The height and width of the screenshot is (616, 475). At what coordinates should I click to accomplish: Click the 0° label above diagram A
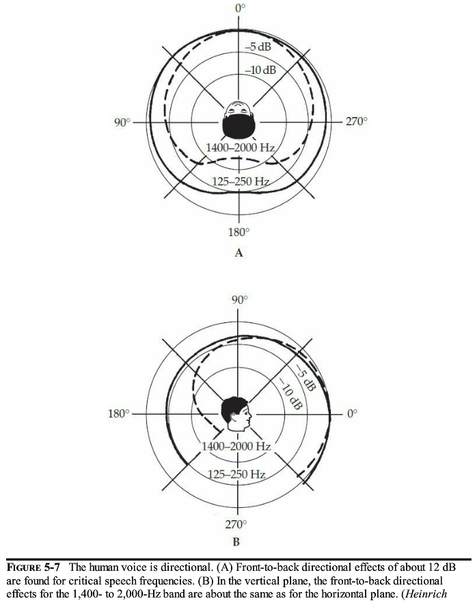click(241, 8)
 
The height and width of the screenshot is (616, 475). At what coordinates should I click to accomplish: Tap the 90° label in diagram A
click(122, 123)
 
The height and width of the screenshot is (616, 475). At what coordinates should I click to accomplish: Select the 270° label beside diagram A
click(357, 121)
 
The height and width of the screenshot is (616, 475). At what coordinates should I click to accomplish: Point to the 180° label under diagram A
click(239, 232)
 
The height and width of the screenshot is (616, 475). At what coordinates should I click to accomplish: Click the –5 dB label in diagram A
click(258, 47)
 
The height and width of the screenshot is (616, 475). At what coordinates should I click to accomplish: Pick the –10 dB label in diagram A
click(260, 70)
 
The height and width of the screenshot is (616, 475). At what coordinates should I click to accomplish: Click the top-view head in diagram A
click(239, 119)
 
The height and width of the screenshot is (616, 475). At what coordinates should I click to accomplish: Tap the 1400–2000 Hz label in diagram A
click(240, 148)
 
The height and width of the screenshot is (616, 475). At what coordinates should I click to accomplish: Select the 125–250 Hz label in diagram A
click(241, 181)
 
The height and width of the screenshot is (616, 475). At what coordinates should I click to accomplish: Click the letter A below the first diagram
click(239, 253)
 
